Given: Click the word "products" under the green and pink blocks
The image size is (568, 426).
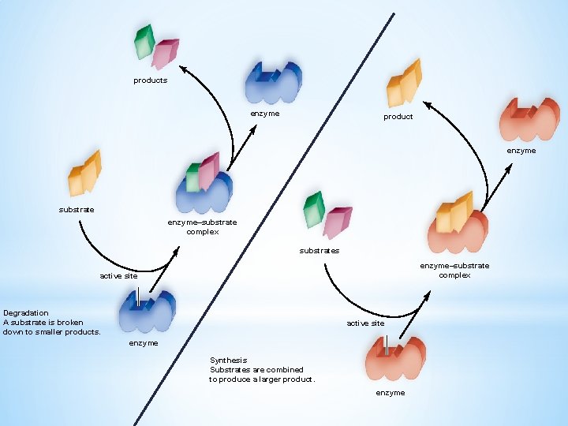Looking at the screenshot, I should (x=150, y=80).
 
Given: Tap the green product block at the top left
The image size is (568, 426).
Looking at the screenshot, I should (x=144, y=42).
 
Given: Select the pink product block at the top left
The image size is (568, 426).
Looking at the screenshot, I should (x=165, y=53).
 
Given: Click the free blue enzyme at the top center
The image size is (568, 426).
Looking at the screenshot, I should (x=272, y=81).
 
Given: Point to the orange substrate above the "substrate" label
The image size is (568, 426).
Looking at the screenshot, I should (x=84, y=172).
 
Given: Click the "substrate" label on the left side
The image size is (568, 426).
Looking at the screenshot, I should (x=77, y=210).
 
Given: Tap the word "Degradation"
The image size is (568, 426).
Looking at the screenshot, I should (x=26, y=313).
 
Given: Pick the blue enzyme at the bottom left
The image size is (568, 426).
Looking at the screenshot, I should (x=147, y=311).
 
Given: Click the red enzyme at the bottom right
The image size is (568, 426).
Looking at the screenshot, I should (x=397, y=358).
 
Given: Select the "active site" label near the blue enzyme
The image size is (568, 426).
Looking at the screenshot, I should (x=118, y=276).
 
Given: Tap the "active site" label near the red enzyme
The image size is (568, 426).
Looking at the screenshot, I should (x=366, y=323).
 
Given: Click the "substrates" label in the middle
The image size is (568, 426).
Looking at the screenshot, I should (x=319, y=251).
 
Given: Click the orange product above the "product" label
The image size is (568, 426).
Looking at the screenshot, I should (x=404, y=82).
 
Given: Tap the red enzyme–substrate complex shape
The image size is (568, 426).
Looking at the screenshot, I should (x=458, y=224).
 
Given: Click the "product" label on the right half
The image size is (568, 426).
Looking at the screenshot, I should (x=398, y=117).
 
